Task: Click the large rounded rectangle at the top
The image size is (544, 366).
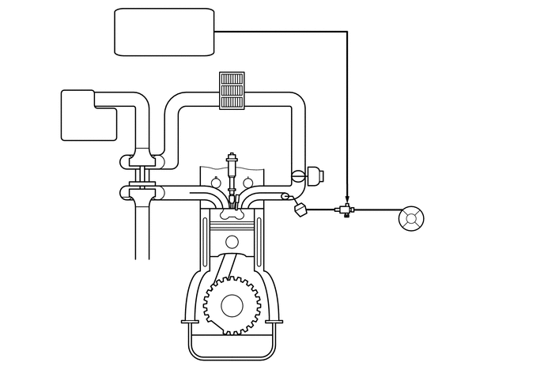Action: tap(164, 32)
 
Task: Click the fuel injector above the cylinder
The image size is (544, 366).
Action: tap(232, 171)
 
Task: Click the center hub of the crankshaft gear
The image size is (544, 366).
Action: tap(232, 305)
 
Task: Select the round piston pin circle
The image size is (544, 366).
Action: tap(231, 242)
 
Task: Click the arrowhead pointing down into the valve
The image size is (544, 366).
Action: tap(347, 198)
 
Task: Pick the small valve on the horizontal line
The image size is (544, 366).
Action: tap(346, 210)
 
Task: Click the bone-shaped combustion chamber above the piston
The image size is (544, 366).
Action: tap(232, 212)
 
